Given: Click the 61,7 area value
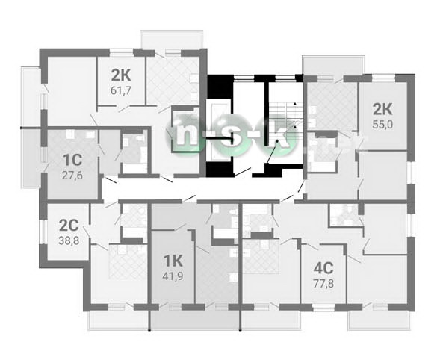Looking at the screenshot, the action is [121, 90].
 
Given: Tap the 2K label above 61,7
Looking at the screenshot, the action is [121, 75].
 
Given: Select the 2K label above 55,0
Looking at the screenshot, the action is [382, 109].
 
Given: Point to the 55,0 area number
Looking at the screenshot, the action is [382, 125].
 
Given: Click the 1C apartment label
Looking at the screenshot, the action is [72, 160].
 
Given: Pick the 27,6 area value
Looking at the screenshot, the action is [72, 176].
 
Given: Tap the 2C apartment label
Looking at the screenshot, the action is [69, 226].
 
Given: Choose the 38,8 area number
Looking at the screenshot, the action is [69, 240].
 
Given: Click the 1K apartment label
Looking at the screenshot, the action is [173, 261].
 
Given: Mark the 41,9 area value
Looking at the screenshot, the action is [173, 276].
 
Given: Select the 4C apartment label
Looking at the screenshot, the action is [323, 267].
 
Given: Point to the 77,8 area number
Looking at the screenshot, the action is [323, 283].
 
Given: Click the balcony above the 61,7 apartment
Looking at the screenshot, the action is [172, 40].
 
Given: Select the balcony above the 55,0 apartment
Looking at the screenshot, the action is [332, 65].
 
